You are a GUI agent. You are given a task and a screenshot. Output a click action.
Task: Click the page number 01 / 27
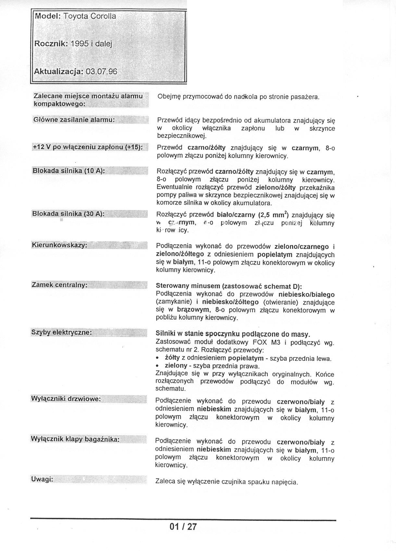pyautogui.click(x=183, y=526)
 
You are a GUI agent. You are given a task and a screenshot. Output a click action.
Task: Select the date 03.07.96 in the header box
pyautogui.click(x=101, y=72)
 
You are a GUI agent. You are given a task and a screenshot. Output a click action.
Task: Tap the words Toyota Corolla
pyautogui.click(x=90, y=16)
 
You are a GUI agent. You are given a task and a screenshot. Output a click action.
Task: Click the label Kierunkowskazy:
pyautogui.click(x=59, y=245)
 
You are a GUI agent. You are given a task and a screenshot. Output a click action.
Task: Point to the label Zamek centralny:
pyautogui.click(x=59, y=285)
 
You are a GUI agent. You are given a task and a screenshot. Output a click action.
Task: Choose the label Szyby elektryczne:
pyautogui.click(x=61, y=332)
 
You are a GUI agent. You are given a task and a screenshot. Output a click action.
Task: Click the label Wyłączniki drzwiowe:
pyautogui.click(x=66, y=399)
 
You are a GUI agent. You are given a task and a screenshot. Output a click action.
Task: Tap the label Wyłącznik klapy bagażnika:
pyautogui.click(x=75, y=439)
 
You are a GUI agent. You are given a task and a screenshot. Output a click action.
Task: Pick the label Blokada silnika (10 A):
pyautogui.click(x=68, y=171)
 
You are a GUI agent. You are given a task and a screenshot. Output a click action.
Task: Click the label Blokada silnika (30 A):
pyautogui.click(x=68, y=214)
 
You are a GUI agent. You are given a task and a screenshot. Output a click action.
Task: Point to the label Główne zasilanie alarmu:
pyautogui.click(x=74, y=120)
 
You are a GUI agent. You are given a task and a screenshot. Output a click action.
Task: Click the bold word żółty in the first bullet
pyautogui.click(x=172, y=358)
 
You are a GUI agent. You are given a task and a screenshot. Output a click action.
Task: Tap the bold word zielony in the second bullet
pyautogui.click(x=176, y=366)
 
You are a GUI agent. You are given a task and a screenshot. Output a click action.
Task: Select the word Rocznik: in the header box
pyautogui.click(x=51, y=43)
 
